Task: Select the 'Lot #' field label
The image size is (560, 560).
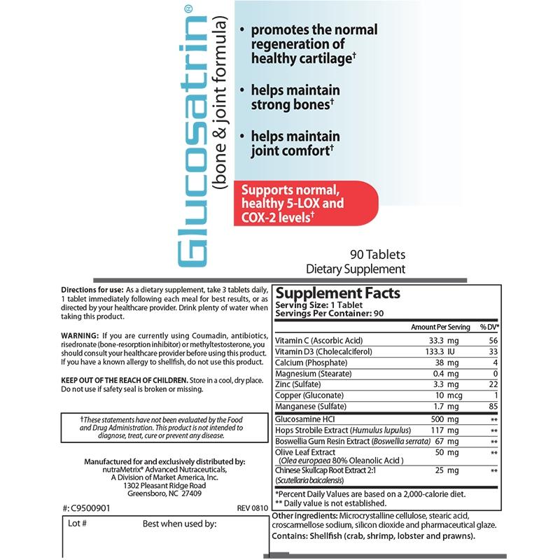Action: pos(78,523)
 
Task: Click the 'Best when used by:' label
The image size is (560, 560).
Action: pos(179,523)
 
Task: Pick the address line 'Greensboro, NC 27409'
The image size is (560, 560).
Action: pos(163,492)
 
